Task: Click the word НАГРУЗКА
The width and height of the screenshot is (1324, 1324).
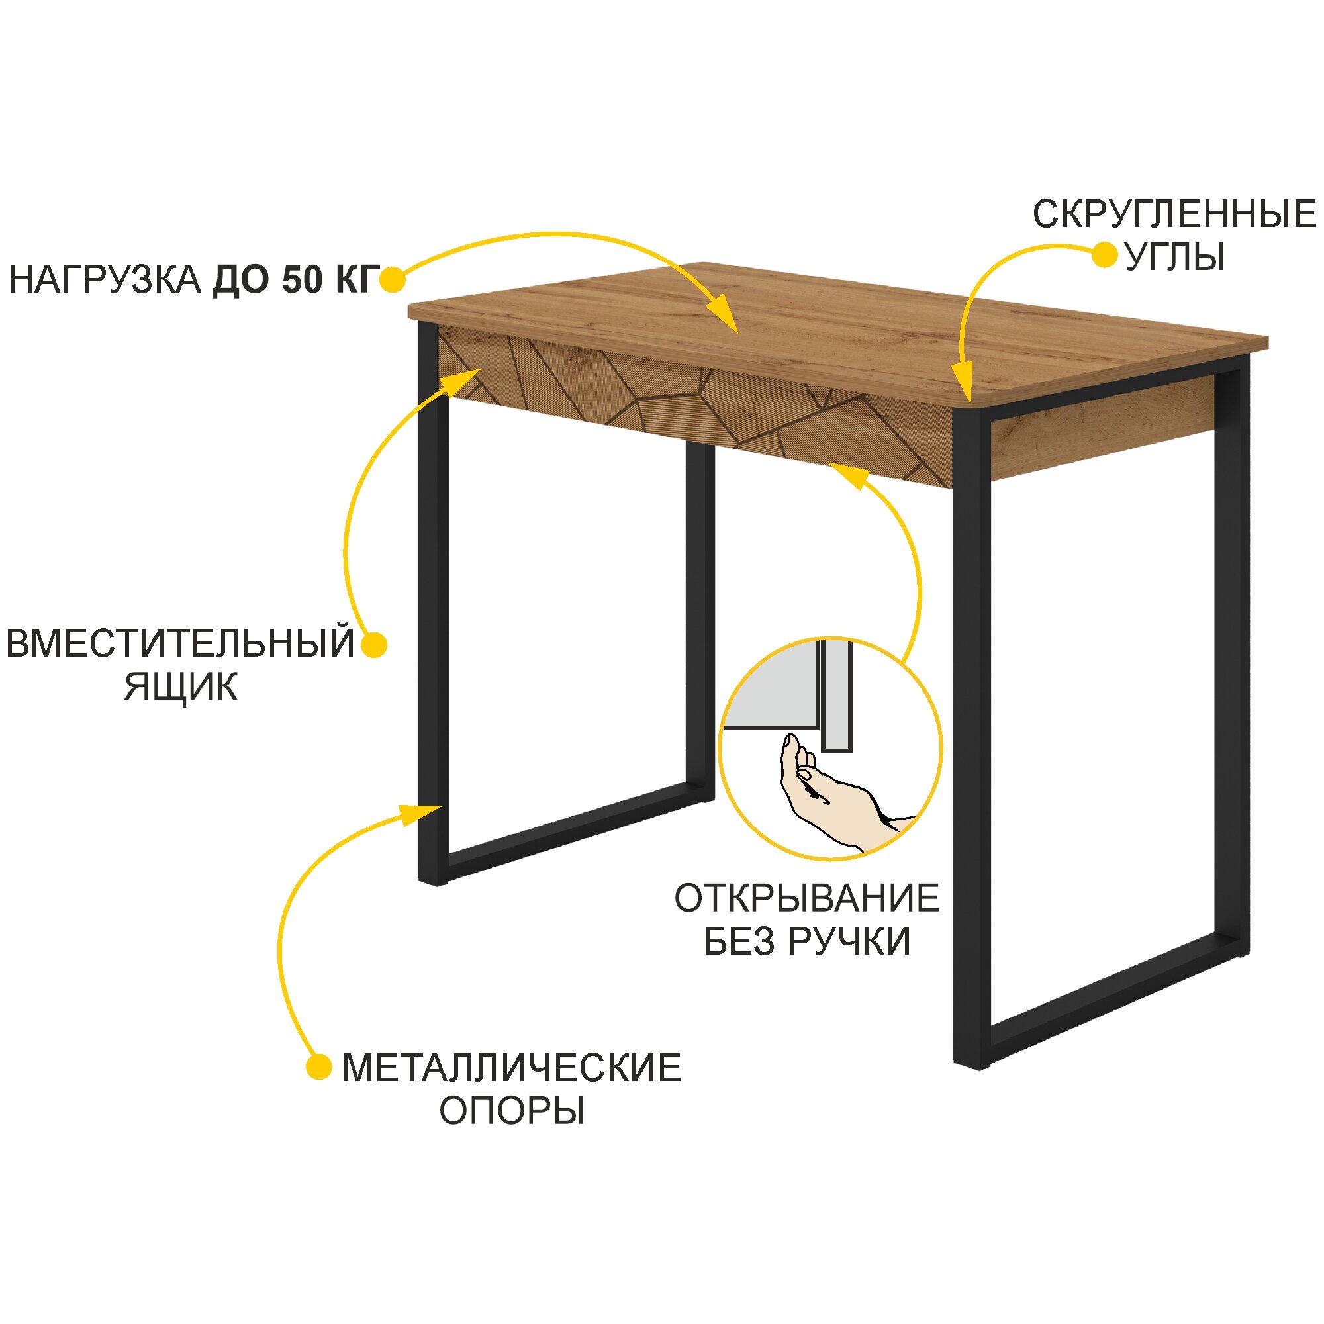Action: click(x=104, y=281)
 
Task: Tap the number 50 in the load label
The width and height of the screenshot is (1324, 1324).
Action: click(x=301, y=281)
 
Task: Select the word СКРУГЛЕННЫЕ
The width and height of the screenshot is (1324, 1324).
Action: click(x=1174, y=214)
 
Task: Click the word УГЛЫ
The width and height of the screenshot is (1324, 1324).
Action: click(x=1174, y=258)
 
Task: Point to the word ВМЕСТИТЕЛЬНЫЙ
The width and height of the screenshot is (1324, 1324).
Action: click(x=180, y=643)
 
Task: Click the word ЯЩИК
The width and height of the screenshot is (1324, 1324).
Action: click(x=181, y=687)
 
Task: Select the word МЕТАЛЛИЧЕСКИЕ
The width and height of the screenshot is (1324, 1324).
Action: click(x=511, y=1068)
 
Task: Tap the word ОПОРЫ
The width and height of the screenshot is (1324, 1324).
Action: click(x=511, y=1111)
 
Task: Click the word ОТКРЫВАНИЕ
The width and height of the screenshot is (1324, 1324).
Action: click(x=806, y=898)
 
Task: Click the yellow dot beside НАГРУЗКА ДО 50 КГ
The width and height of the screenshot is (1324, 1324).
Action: click(x=393, y=279)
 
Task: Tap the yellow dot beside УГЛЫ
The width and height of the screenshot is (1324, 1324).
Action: click(x=1104, y=255)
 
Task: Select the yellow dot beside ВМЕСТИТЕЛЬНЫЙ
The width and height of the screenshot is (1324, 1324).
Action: click(x=374, y=645)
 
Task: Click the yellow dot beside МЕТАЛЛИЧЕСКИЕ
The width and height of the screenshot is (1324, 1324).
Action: click(x=318, y=1067)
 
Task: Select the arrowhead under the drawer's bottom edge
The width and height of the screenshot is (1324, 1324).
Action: click(x=848, y=474)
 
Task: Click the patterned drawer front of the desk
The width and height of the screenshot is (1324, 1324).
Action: click(x=692, y=404)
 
